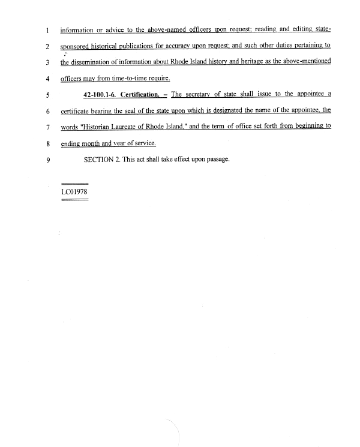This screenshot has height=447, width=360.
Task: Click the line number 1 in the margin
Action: point(46,29)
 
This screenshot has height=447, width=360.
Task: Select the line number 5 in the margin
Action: point(46,95)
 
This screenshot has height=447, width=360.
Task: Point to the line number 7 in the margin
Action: point(46,127)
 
